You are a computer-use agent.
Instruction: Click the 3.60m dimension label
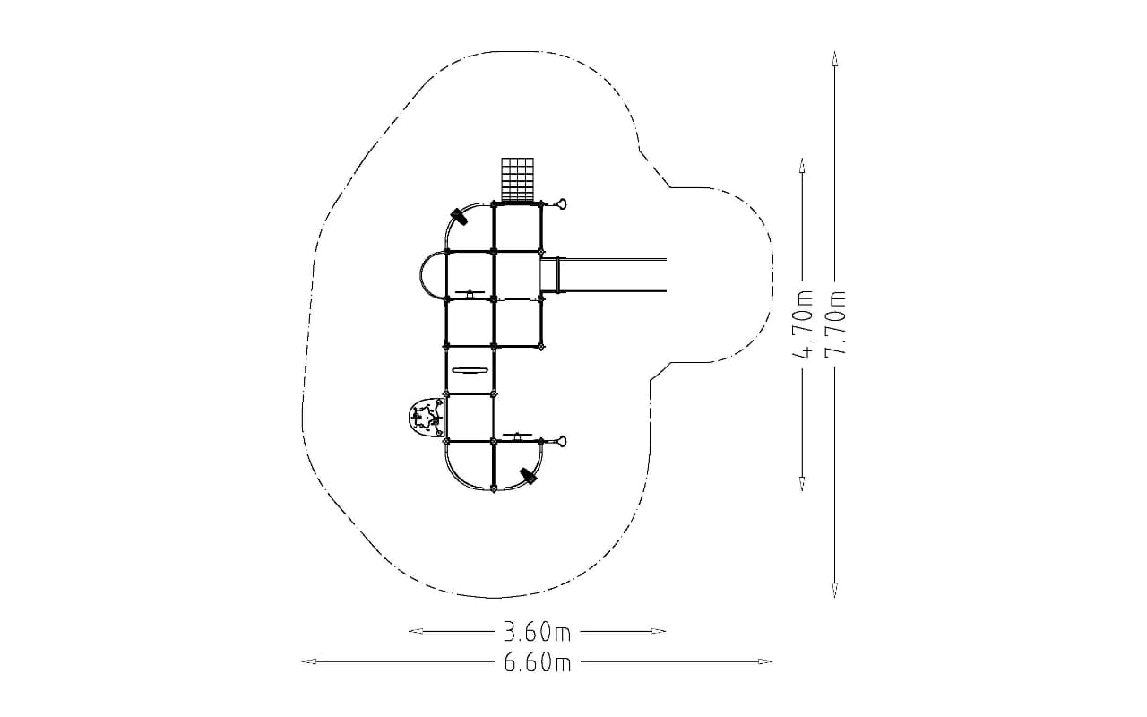(x=537, y=632)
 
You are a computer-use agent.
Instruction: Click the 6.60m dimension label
(x=537, y=662)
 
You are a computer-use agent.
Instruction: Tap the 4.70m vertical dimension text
(x=802, y=324)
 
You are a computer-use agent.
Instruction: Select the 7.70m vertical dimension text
(x=834, y=324)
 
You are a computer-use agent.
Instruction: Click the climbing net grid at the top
(x=517, y=180)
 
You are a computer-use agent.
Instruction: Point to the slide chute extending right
(x=604, y=275)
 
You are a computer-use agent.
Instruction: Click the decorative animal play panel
(x=426, y=418)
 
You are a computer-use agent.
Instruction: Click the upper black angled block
(x=459, y=217)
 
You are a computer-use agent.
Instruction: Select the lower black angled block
(x=528, y=476)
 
